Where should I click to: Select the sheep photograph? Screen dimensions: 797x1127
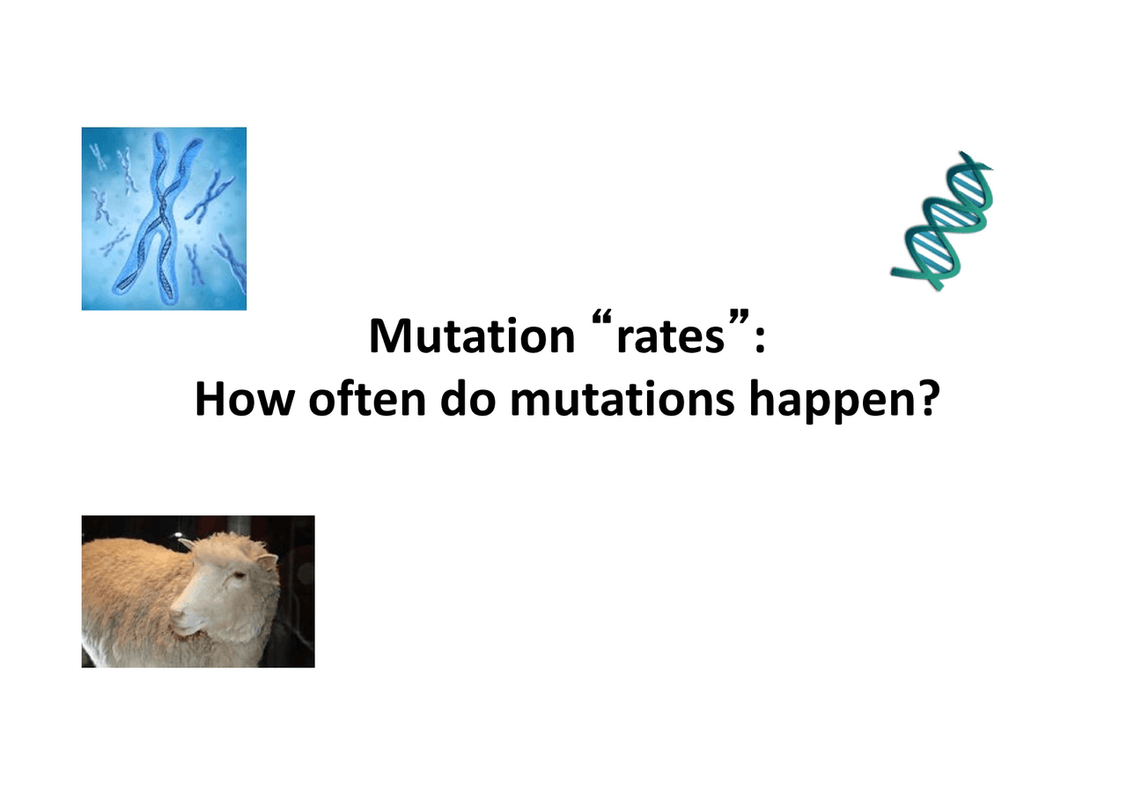[198, 591]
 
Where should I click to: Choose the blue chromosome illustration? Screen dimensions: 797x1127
[164, 218]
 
